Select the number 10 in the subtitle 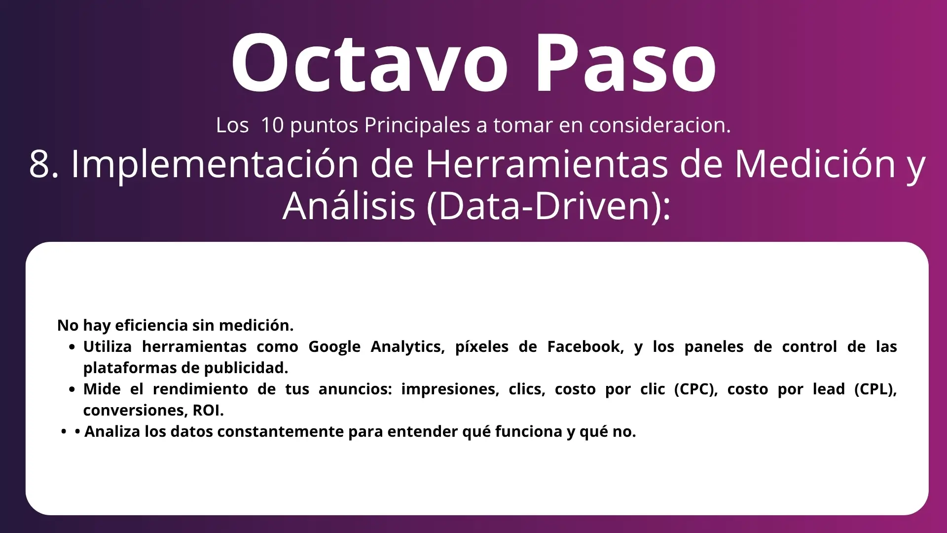272,125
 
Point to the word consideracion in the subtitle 660,125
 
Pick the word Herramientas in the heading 546,164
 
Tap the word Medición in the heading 815,164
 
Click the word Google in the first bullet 334,347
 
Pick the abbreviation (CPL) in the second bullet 875,389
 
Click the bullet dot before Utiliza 73,347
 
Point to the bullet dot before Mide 73,390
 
